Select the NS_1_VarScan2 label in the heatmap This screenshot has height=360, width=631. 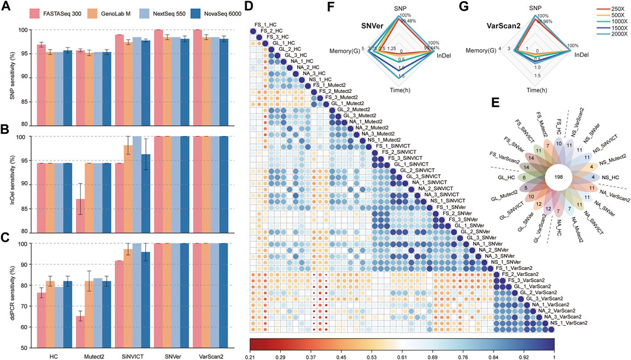pyautogui.click(x=568, y=323)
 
